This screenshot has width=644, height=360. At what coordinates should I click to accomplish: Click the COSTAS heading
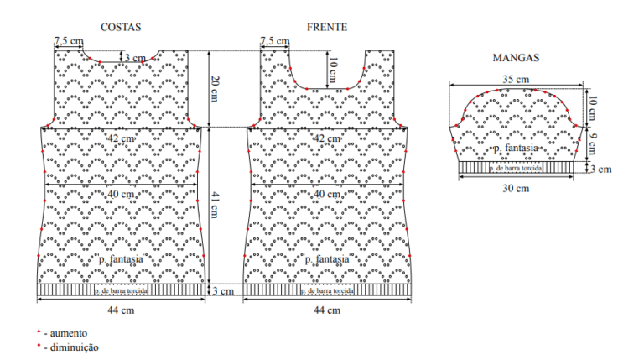pos(121,27)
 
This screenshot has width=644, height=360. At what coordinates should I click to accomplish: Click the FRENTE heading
pos(327,27)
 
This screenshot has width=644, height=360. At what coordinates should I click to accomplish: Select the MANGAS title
pos(516,58)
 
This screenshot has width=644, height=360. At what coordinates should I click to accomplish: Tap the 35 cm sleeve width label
pos(516,79)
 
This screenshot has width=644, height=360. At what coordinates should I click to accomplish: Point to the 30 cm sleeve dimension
pos(516,189)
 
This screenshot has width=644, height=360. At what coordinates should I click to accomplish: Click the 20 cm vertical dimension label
pos(215,89)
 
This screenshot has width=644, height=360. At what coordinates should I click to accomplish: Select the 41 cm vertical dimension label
pos(215,205)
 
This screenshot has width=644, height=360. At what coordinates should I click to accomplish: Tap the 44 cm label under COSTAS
pos(121,310)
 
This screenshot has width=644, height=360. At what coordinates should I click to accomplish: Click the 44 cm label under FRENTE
pos(327,310)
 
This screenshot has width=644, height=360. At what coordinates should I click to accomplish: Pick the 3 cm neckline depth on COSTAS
pos(136,58)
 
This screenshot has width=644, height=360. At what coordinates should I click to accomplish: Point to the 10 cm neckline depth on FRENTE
pos(333,70)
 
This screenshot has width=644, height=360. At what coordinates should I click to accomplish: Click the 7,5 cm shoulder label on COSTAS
pos(69,41)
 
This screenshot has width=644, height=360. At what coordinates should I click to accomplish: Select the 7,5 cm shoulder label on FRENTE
pos(275,41)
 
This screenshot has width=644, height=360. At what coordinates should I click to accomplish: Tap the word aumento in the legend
pos(69,333)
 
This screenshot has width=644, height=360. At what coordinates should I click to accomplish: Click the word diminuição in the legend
pos(75,347)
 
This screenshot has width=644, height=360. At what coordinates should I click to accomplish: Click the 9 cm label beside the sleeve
pos(592,143)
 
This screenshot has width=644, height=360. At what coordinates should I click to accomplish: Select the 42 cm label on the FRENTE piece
pos(327,138)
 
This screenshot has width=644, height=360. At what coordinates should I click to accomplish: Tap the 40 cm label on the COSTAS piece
pos(121,194)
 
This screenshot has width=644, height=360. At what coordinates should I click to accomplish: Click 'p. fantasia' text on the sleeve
pos(516,148)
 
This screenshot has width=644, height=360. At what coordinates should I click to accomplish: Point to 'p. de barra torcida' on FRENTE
pos(327,291)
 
